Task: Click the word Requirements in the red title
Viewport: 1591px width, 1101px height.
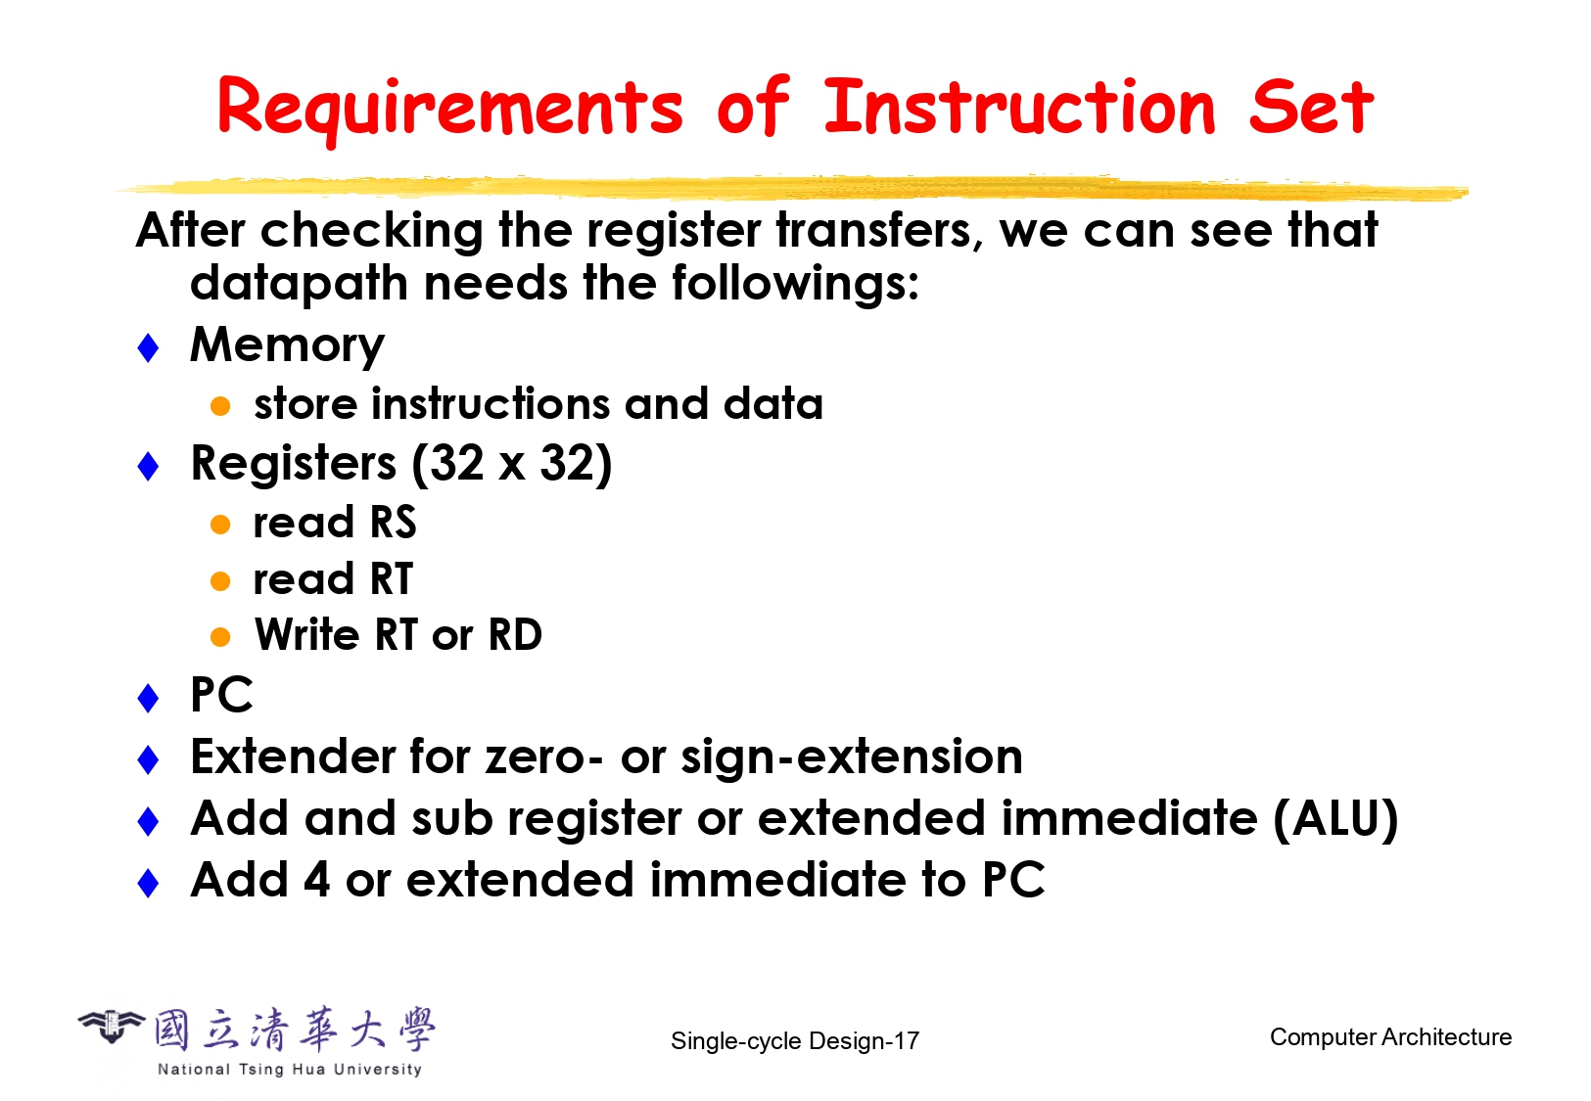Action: (x=450, y=108)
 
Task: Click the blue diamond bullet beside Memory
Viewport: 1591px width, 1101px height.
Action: (x=148, y=347)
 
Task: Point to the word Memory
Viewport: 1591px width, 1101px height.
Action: (x=287, y=346)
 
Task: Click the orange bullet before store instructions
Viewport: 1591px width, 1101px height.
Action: (x=220, y=406)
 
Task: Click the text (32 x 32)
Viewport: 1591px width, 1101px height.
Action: (x=511, y=464)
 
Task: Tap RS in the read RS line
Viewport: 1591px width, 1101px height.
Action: (x=393, y=523)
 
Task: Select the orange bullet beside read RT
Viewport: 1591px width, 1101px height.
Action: (x=220, y=581)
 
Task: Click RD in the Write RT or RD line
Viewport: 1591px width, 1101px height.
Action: (x=515, y=634)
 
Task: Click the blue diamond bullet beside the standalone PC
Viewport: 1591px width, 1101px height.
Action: (x=148, y=698)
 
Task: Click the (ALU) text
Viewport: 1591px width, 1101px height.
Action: (x=1336, y=819)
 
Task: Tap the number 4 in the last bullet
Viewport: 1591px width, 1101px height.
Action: (x=317, y=880)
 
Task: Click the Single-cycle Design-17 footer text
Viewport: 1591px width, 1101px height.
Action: (x=795, y=1041)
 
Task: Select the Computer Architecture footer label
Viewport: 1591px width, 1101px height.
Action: (x=1390, y=1037)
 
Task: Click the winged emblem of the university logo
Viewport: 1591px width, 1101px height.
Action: (x=111, y=1026)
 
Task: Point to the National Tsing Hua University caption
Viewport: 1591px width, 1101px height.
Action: (x=290, y=1069)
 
